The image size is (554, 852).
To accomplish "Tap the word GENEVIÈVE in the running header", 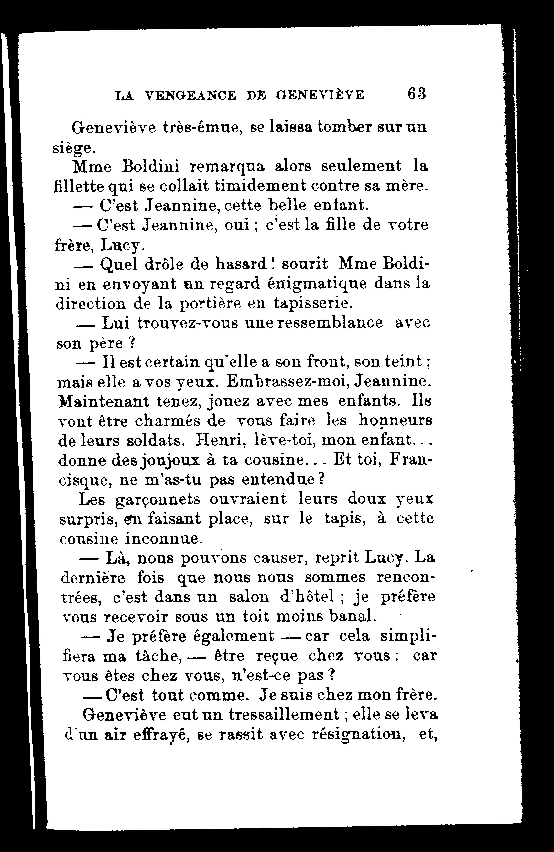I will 320,95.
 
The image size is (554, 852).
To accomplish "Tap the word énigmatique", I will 317,284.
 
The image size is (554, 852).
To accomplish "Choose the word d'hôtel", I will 306,598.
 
